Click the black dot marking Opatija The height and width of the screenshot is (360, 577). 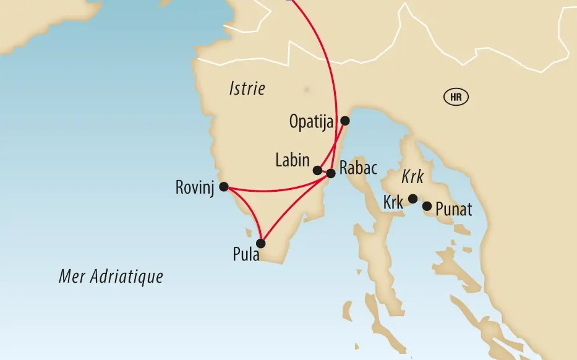click(345, 121)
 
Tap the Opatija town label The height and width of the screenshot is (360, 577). click(311, 122)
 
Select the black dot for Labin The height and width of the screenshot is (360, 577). click(317, 170)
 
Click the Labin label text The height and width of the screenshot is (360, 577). click(293, 161)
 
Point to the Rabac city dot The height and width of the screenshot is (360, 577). click(330, 173)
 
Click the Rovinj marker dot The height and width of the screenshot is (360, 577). click(224, 186)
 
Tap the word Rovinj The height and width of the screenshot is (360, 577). click(195, 187)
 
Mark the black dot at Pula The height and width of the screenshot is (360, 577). click(261, 243)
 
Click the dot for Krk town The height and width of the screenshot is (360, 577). click(412, 199)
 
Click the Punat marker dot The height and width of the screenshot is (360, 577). click(427, 205)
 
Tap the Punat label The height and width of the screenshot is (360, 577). click(453, 210)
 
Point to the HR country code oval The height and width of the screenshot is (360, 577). click(456, 97)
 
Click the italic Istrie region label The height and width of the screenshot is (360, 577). click(247, 89)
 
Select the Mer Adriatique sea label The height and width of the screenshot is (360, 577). click(111, 276)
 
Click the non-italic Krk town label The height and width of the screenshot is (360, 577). click(393, 202)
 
